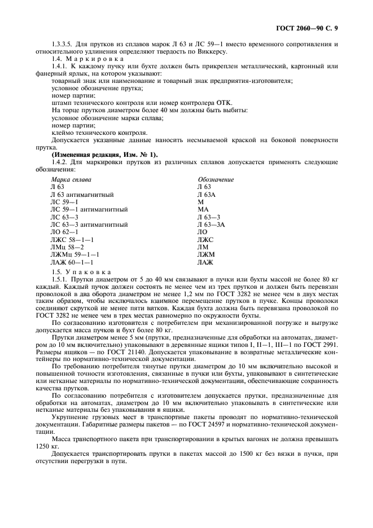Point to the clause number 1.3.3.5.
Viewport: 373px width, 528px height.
coord(62,45)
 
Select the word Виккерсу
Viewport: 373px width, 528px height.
coord(212,52)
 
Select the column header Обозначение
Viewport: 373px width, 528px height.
coord(216,179)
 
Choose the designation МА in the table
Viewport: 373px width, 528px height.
coord(203,209)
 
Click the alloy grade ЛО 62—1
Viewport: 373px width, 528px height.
coord(64,232)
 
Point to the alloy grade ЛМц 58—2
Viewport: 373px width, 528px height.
coord(67,247)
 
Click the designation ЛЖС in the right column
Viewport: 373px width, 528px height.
coord(205,240)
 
